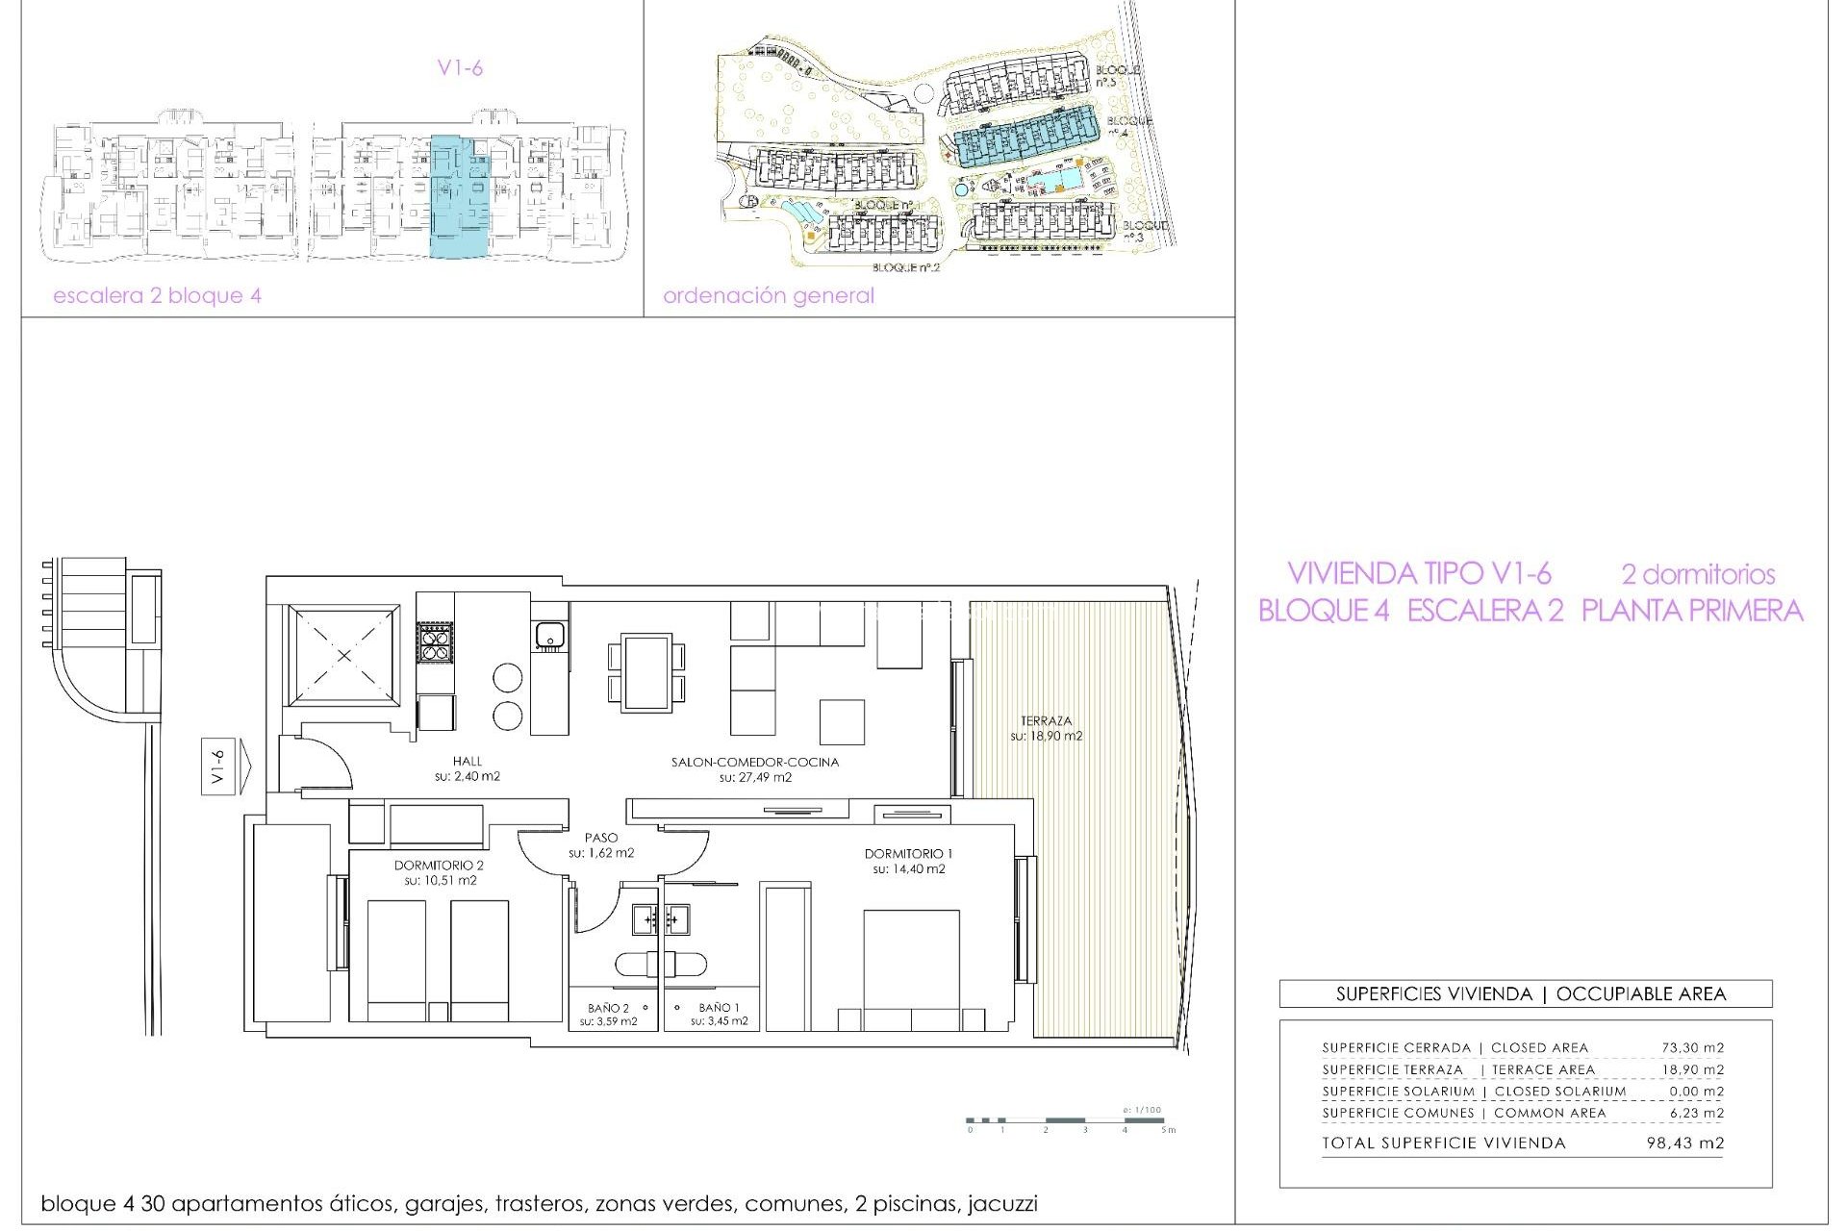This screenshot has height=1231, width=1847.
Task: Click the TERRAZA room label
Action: (1046, 721)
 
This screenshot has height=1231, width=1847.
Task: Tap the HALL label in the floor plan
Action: (468, 762)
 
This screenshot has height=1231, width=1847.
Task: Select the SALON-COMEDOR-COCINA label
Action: (755, 763)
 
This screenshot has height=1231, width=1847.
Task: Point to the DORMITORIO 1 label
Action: (908, 854)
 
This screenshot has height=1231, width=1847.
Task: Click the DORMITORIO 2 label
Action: (439, 866)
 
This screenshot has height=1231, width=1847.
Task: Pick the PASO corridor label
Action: (601, 839)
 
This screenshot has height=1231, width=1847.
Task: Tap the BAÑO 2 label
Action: (608, 1009)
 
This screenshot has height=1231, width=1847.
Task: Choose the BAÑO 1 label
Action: (719, 1008)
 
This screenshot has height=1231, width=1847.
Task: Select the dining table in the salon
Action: (646, 672)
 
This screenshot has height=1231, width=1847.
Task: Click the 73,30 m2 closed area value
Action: (1692, 1048)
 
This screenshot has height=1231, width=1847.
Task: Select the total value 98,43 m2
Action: (1684, 1143)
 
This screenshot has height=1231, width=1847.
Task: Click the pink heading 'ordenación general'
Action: (768, 296)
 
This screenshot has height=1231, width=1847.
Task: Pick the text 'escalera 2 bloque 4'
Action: (157, 296)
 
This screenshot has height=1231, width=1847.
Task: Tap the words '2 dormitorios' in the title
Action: (1698, 575)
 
